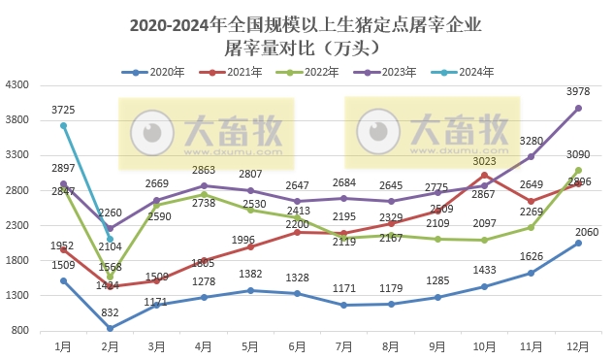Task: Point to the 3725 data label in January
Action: [x=64, y=110]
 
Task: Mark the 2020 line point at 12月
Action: [x=578, y=243]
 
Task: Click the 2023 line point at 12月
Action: [x=578, y=109]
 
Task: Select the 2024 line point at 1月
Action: [x=63, y=125]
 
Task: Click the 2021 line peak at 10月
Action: [x=484, y=175]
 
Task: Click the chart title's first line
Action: [x=305, y=24]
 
